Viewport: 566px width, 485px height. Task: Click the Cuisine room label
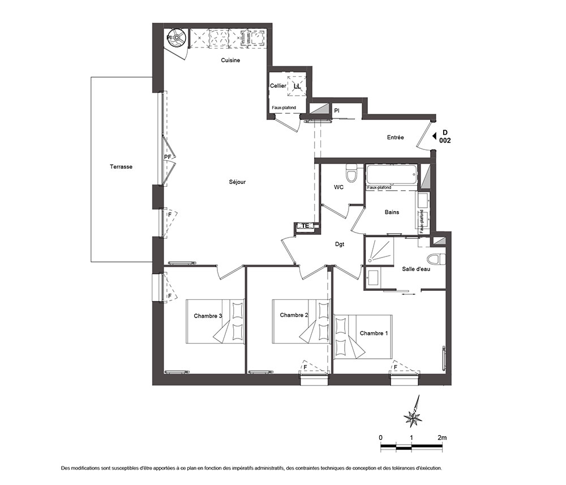click(x=230, y=60)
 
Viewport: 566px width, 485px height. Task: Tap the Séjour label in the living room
click(x=237, y=182)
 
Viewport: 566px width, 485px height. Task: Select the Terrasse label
click(x=121, y=167)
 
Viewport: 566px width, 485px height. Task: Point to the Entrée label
click(x=395, y=138)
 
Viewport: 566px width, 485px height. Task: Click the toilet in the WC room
click(x=351, y=173)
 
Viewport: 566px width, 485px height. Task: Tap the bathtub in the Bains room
click(x=392, y=174)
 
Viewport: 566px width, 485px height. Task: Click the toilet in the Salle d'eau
click(x=436, y=259)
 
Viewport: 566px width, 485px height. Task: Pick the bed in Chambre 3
click(x=216, y=321)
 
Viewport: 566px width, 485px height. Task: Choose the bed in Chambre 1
click(x=363, y=337)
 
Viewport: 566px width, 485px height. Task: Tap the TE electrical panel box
click(x=306, y=226)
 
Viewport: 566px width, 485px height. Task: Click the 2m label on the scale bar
click(x=442, y=437)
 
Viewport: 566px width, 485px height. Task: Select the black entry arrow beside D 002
click(x=434, y=136)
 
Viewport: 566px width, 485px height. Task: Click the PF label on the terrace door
click(x=168, y=157)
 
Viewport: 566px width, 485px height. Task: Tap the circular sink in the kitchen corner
click(x=177, y=37)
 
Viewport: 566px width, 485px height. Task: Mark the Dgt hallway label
click(x=340, y=244)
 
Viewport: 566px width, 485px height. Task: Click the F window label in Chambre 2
click(x=305, y=367)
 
